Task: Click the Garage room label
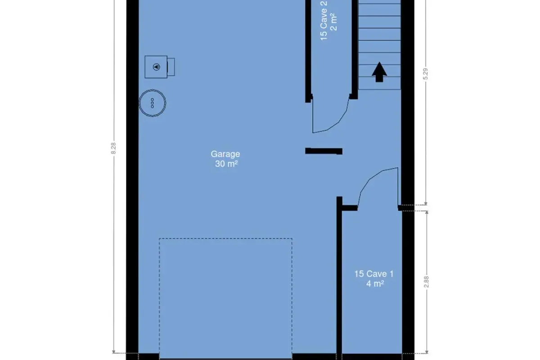click(x=225, y=154)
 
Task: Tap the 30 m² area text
click(x=226, y=164)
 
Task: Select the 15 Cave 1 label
click(x=374, y=274)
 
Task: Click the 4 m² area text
click(x=375, y=284)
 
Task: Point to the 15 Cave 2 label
click(x=324, y=21)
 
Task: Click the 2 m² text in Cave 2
click(x=333, y=22)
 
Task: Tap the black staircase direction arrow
click(x=379, y=72)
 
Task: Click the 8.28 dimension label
click(x=113, y=148)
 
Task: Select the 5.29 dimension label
click(x=426, y=74)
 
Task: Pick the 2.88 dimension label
click(x=426, y=282)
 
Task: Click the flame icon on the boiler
click(x=157, y=67)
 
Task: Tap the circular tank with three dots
click(x=153, y=103)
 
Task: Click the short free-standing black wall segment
click(x=324, y=151)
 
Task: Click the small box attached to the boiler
click(x=171, y=67)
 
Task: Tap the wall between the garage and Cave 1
click(x=339, y=277)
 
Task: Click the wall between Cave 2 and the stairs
click(x=355, y=48)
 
